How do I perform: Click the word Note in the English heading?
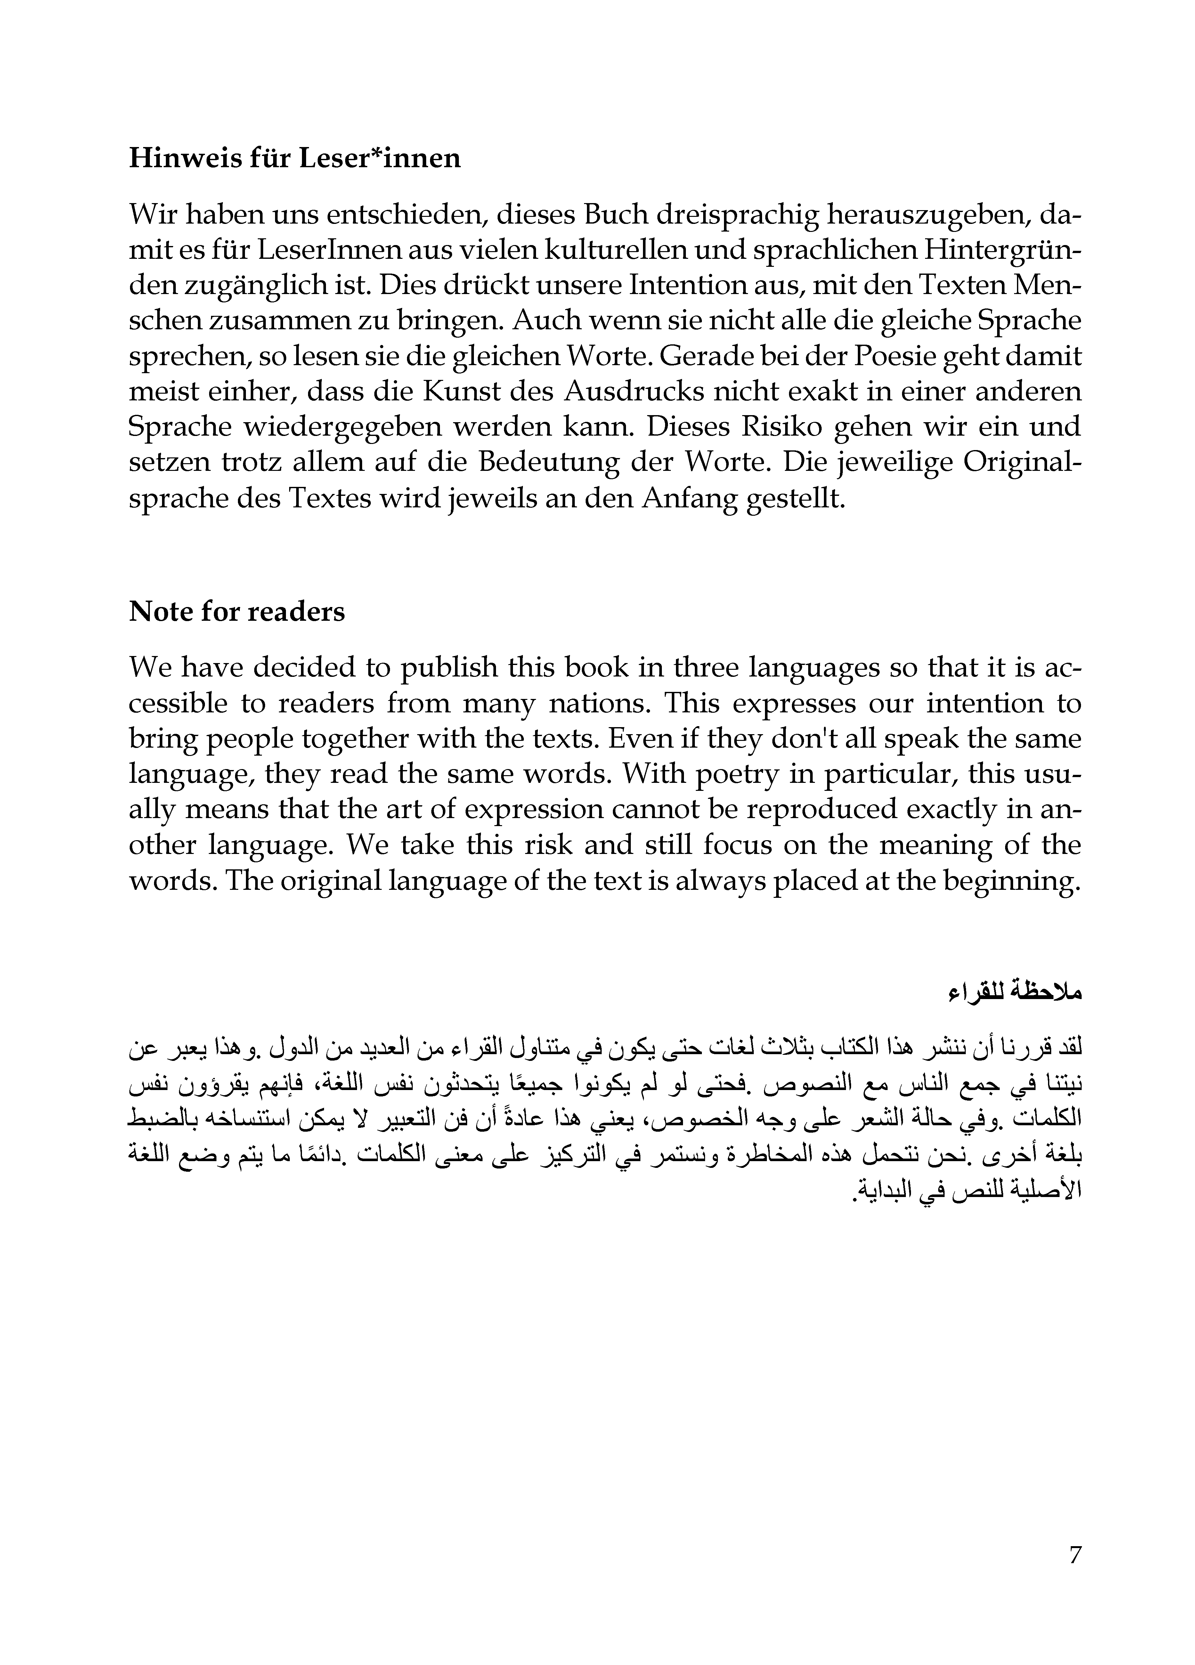[x=156, y=611]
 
